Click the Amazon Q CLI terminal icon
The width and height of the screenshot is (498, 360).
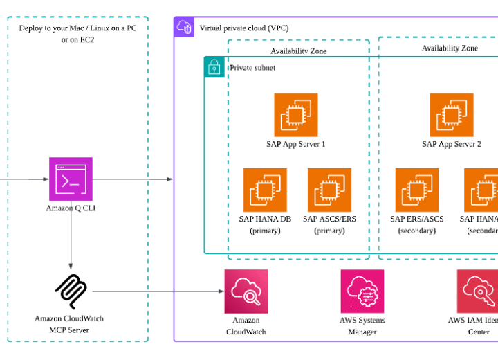point(71,179)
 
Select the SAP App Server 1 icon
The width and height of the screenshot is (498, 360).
point(295,115)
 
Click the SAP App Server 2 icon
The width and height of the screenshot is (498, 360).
point(451,115)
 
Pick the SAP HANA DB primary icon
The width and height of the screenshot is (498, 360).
point(265,190)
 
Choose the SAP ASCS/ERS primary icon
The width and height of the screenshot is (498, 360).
point(329,190)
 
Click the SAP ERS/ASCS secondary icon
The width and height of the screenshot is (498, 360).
point(416,190)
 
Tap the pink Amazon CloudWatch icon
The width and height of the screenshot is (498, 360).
point(246,291)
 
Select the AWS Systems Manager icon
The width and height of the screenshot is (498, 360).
point(362,291)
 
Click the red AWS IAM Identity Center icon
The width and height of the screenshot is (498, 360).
point(478,291)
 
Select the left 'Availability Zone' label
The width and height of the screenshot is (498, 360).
point(298,51)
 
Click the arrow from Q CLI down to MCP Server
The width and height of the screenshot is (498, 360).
point(71,235)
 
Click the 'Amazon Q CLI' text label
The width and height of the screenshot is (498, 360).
point(71,208)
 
